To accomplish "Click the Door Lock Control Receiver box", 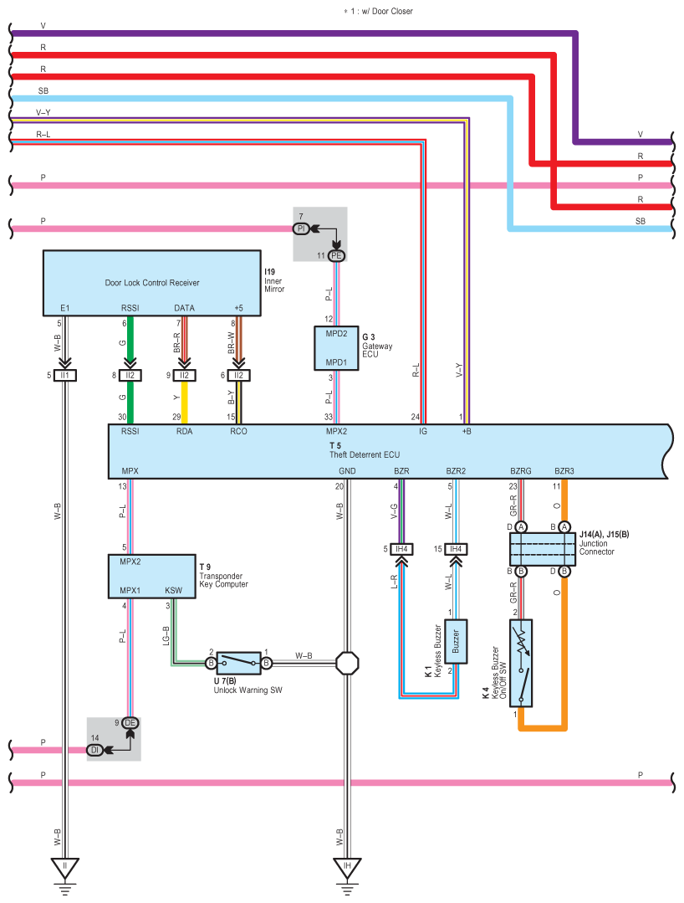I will coord(153,282).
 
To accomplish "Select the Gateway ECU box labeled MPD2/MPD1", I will coord(336,347).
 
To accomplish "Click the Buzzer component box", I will coord(456,642).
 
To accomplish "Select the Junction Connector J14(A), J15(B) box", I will coord(543,549).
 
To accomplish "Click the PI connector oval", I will coord(302,228).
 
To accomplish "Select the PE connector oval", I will coord(336,255).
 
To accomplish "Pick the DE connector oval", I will coord(130,722).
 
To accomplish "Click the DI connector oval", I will coord(96,750).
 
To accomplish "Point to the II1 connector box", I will coord(64,375).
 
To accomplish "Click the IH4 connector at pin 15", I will coord(456,549).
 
